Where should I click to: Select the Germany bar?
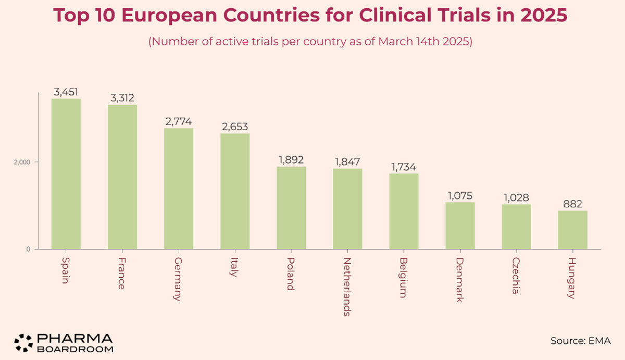click(179, 189)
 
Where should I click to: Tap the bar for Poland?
click(291, 208)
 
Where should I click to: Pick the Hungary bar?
click(572, 230)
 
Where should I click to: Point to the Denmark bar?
click(460, 226)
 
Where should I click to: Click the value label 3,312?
click(122, 98)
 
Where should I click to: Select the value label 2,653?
click(235, 127)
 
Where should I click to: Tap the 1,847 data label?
click(347, 162)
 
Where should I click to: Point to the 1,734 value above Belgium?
click(404, 167)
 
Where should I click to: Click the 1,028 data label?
click(516, 197)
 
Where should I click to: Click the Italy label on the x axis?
click(234, 267)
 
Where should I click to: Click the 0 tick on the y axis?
click(29, 249)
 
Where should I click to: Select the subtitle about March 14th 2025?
click(310, 42)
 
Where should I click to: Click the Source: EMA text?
click(580, 341)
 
